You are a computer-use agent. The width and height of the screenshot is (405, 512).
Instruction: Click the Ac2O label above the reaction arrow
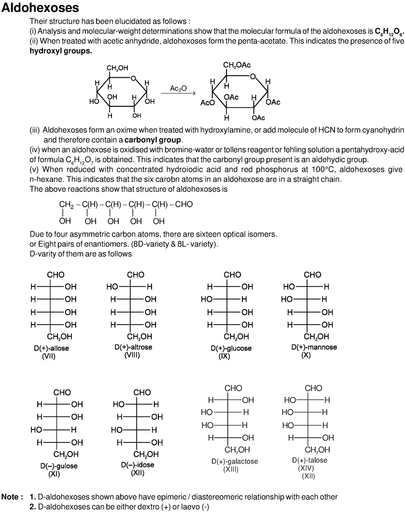click(x=178, y=88)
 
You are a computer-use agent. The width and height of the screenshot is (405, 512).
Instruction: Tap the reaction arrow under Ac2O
click(x=178, y=94)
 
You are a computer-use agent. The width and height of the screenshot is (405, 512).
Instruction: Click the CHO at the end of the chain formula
click(x=183, y=204)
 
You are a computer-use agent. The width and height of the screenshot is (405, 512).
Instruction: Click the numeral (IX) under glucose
click(x=224, y=356)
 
